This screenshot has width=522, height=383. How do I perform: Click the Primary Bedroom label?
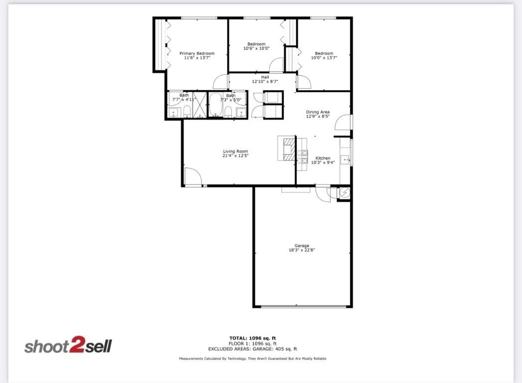197,53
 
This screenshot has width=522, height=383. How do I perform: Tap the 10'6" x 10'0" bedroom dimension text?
256,48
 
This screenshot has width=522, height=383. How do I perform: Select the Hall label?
265,77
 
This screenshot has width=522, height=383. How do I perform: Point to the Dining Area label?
318,112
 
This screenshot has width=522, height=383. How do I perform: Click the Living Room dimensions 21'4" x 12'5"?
235,156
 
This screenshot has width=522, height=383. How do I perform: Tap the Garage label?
302,245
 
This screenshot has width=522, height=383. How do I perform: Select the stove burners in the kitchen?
302,157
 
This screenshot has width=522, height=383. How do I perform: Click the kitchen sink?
345,160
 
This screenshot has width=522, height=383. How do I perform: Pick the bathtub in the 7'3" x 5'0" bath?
215,105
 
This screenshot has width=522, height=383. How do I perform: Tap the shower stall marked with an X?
199,105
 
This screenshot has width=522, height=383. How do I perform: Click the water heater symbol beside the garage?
345,193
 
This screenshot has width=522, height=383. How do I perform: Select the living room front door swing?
192,177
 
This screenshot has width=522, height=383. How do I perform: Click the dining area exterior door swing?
343,122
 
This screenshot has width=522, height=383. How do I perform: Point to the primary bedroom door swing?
220,82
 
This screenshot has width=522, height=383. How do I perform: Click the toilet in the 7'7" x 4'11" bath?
186,111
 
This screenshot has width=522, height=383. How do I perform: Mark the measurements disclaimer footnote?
253,359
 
